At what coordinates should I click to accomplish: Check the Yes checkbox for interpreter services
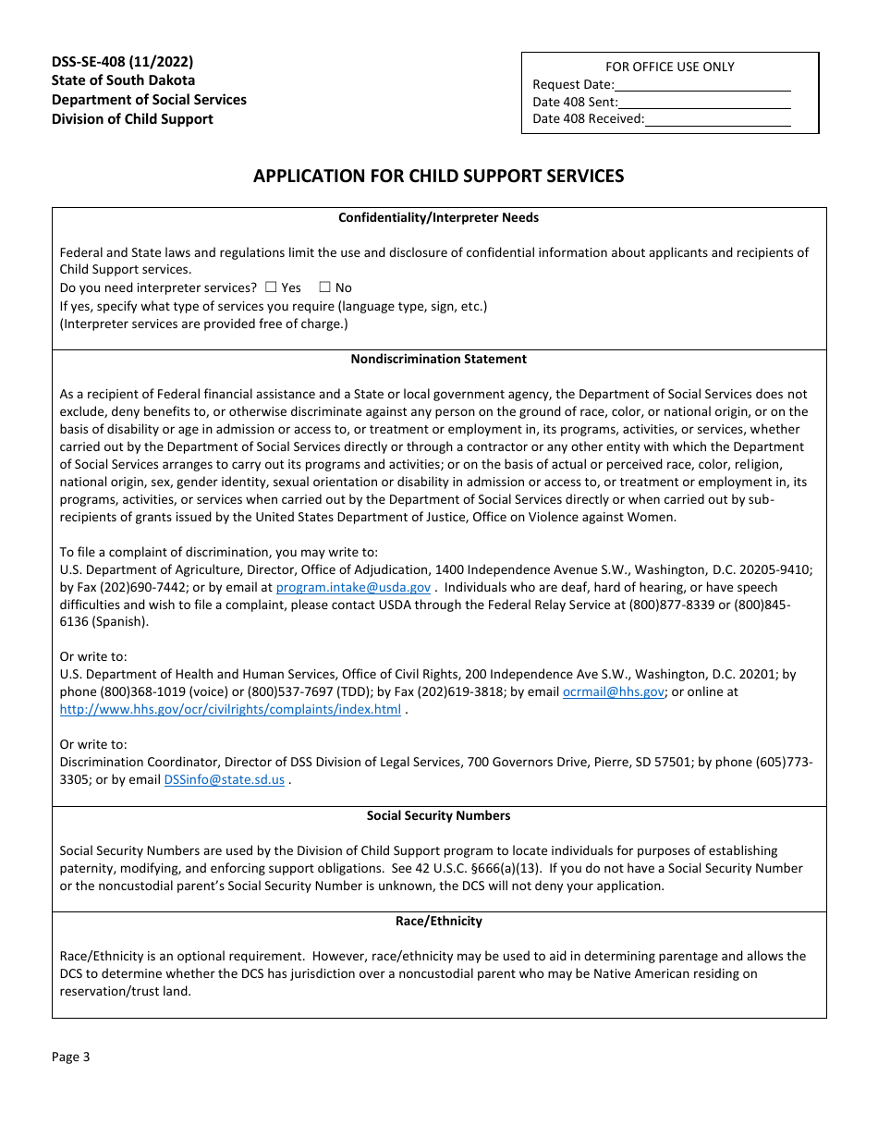pyautogui.click(x=271, y=287)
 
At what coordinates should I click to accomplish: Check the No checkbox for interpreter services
pyautogui.click(x=324, y=287)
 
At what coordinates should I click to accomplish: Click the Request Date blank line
pyautogui.click(x=702, y=85)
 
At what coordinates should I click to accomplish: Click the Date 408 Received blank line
pyautogui.click(x=717, y=119)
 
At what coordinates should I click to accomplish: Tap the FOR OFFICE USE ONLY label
pyautogui.click(x=670, y=67)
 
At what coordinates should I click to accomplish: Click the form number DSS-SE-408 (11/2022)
pyautogui.click(x=122, y=62)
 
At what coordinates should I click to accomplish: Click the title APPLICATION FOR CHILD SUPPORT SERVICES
pyautogui.click(x=439, y=176)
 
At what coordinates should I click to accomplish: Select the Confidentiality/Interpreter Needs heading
pyautogui.click(x=438, y=218)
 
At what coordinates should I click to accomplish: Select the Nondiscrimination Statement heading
pyautogui.click(x=438, y=360)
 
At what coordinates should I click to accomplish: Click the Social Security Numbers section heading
pyautogui.click(x=438, y=816)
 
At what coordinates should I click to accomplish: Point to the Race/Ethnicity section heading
pyautogui.click(x=438, y=922)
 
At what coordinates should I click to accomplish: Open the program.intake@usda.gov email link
pyautogui.click(x=353, y=588)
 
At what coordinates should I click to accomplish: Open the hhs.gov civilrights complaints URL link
pyautogui.click(x=230, y=710)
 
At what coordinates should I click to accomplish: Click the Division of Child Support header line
pyautogui.click(x=132, y=119)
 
